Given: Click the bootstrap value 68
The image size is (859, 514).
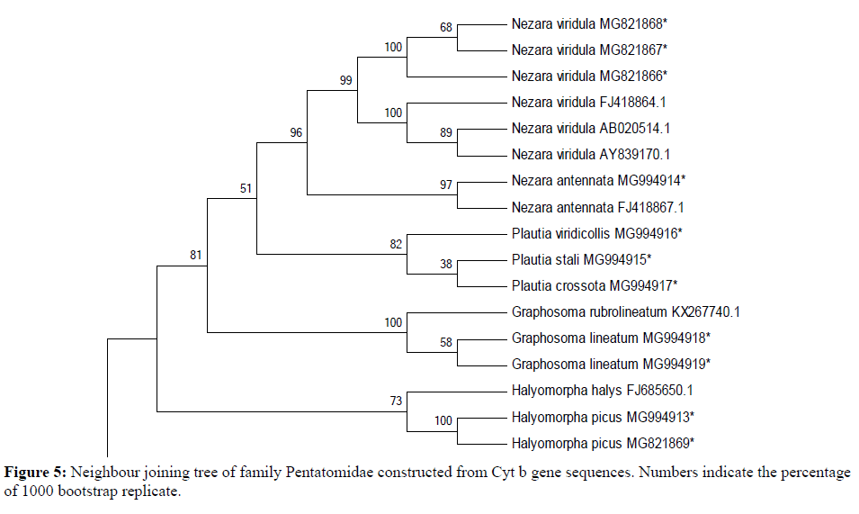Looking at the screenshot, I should click(x=445, y=27).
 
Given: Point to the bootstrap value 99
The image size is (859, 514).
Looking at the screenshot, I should click(x=345, y=79).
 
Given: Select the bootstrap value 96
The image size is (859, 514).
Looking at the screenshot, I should click(x=295, y=132).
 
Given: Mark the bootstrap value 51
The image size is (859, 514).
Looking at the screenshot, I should click(x=246, y=189).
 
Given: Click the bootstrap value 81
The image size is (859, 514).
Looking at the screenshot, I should click(x=195, y=255).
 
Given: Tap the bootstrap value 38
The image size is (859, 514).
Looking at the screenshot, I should click(x=445, y=264).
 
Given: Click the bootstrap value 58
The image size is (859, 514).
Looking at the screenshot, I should click(x=445, y=342).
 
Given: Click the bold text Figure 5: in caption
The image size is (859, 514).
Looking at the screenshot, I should click(x=36, y=472).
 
